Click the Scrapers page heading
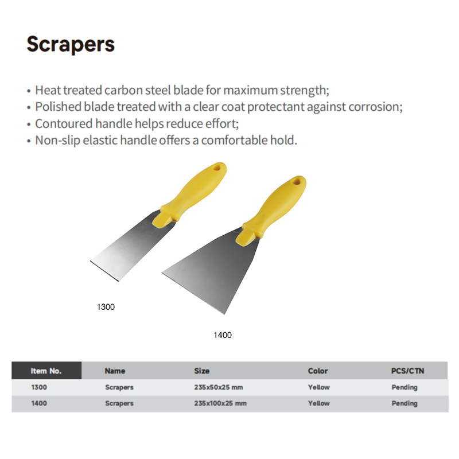coord(71,45)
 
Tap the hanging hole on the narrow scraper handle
coord(217,168)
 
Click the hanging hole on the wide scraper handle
coord(297,182)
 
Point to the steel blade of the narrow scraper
coord(132,246)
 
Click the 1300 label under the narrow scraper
coord(106,307)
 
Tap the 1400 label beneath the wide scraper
coord(223,335)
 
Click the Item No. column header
coord(46,371)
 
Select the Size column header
coord(202,371)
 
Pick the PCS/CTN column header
coord(407,371)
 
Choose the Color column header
coord(318,371)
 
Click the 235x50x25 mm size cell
coord(219,387)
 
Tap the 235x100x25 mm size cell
coord(220,403)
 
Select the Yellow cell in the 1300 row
coord(319,387)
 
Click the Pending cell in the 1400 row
coord(404,404)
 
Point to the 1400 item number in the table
coord(39,403)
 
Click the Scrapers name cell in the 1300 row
coord(119,388)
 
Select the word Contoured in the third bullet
coord(64,123)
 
